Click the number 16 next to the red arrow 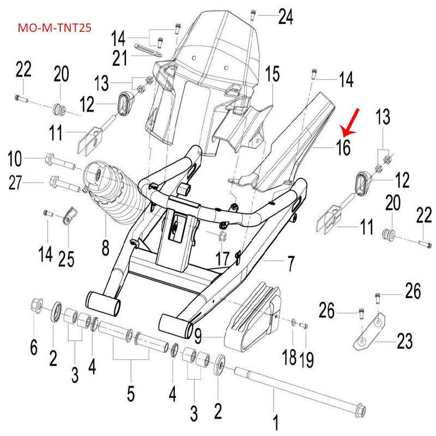(x=343, y=148)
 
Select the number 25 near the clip (x=66, y=258)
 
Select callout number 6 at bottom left (x=34, y=347)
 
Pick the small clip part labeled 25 (x=68, y=216)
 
